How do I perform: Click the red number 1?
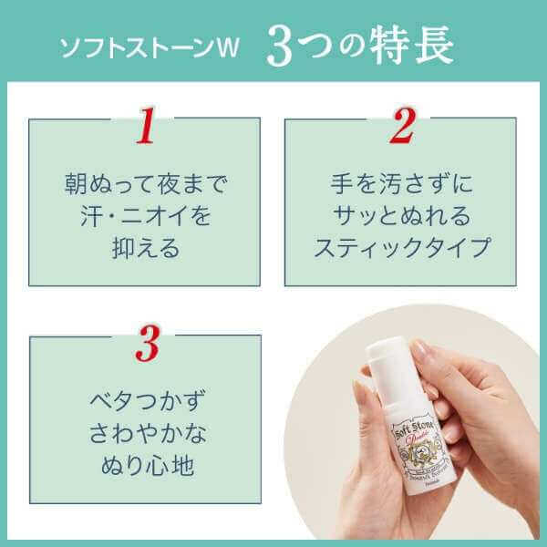click(143, 129)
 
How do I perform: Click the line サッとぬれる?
click(402, 217)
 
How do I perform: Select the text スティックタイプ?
click(402, 249)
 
